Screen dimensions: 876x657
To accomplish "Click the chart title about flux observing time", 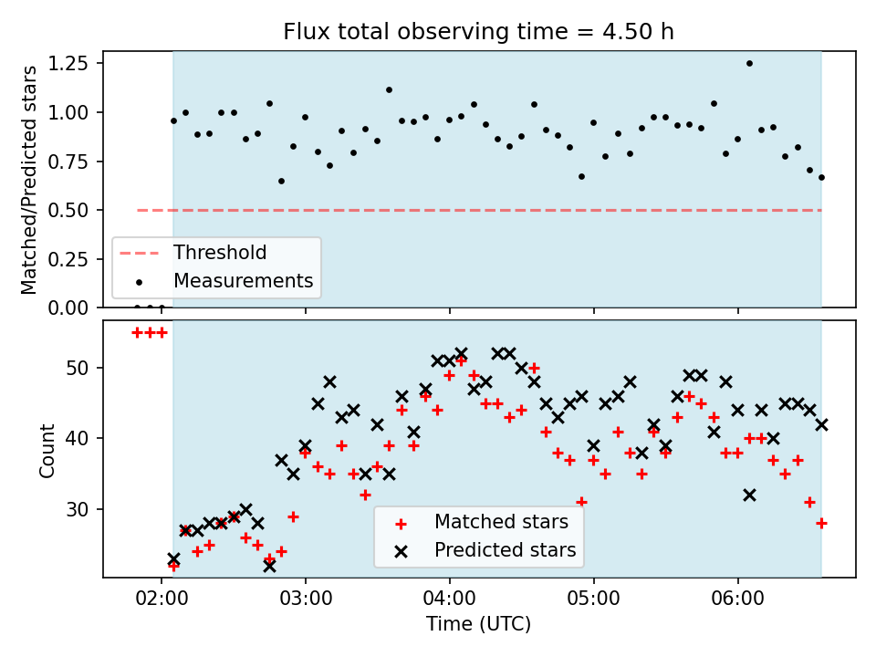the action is click(x=478, y=32).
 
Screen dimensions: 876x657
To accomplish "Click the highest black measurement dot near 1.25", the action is click(x=749, y=64).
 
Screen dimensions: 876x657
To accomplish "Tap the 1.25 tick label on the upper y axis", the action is click(x=68, y=64).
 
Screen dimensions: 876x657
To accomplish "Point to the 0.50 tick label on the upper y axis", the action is click(x=68, y=211).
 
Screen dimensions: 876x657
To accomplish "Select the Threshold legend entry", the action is click(x=193, y=253).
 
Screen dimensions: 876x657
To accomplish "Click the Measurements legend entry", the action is click(x=216, y=281).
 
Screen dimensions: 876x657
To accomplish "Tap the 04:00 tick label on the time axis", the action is click(x=450, y=599).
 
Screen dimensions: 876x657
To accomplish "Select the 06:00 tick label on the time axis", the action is click(x=738, y=599).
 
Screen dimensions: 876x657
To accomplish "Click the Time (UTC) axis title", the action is click(x=479, y=623).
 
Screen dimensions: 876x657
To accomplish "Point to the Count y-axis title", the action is click(x=47, y=450).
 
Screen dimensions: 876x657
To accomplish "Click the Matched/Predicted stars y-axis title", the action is click(x=28, y=180).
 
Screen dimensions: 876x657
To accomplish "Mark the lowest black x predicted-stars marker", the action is click(x=269, y=566).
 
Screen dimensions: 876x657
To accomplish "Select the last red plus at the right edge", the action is click(x=821, y=524).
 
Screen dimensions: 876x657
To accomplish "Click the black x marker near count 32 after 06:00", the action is click(x=750, y=495).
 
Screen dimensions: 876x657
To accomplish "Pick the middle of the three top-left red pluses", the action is click(x=150, y=333).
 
